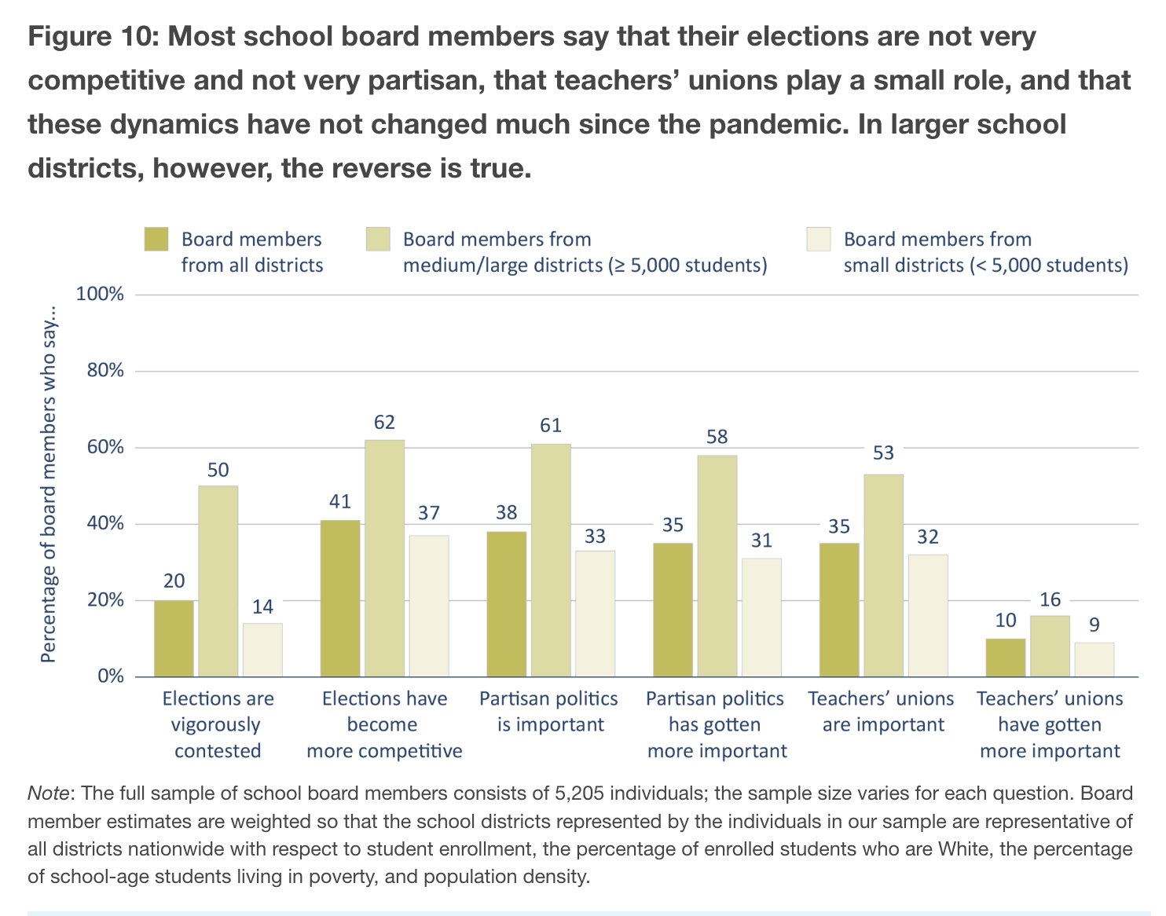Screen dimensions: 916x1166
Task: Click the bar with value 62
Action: click(x=384, y=558)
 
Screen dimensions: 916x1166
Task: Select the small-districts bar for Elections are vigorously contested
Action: click(x=262, y=650)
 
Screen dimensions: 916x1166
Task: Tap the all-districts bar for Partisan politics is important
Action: click(x=507, y=603)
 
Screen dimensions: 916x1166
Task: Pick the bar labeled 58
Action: click(x=717, y=566)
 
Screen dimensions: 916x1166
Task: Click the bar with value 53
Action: click(x=883, y=575)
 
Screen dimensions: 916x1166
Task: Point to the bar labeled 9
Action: click(x=1094, y=659)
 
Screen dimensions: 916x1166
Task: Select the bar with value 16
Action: click(x=1050, y=646)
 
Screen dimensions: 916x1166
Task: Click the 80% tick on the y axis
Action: click(x=105, y=371)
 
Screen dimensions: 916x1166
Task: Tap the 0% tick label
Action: click(x=111, y=676)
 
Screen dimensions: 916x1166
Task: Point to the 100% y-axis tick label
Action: click(x=101, y=295)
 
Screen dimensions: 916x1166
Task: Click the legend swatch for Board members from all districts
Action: click(x=156, y=240)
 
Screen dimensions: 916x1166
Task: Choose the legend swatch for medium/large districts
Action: click(x=378, y=240)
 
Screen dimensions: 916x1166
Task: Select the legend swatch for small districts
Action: click(x=819, y=240)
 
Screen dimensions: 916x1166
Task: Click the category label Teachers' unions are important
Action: click(x=882, y=711)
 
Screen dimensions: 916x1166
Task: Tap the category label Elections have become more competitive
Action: click(x=384, y=724)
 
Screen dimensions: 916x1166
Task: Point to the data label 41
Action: click(x=340, y=501)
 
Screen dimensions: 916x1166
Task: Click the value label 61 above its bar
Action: click(x=551, y=425)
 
